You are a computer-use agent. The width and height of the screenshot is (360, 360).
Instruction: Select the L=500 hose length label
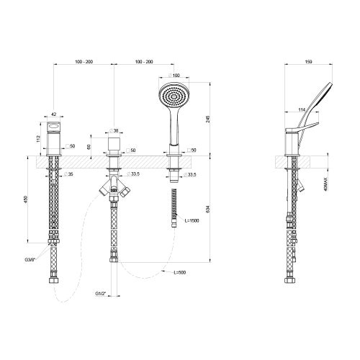point(181,272)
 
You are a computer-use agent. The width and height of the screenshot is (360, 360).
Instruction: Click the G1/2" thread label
point(102,294)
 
